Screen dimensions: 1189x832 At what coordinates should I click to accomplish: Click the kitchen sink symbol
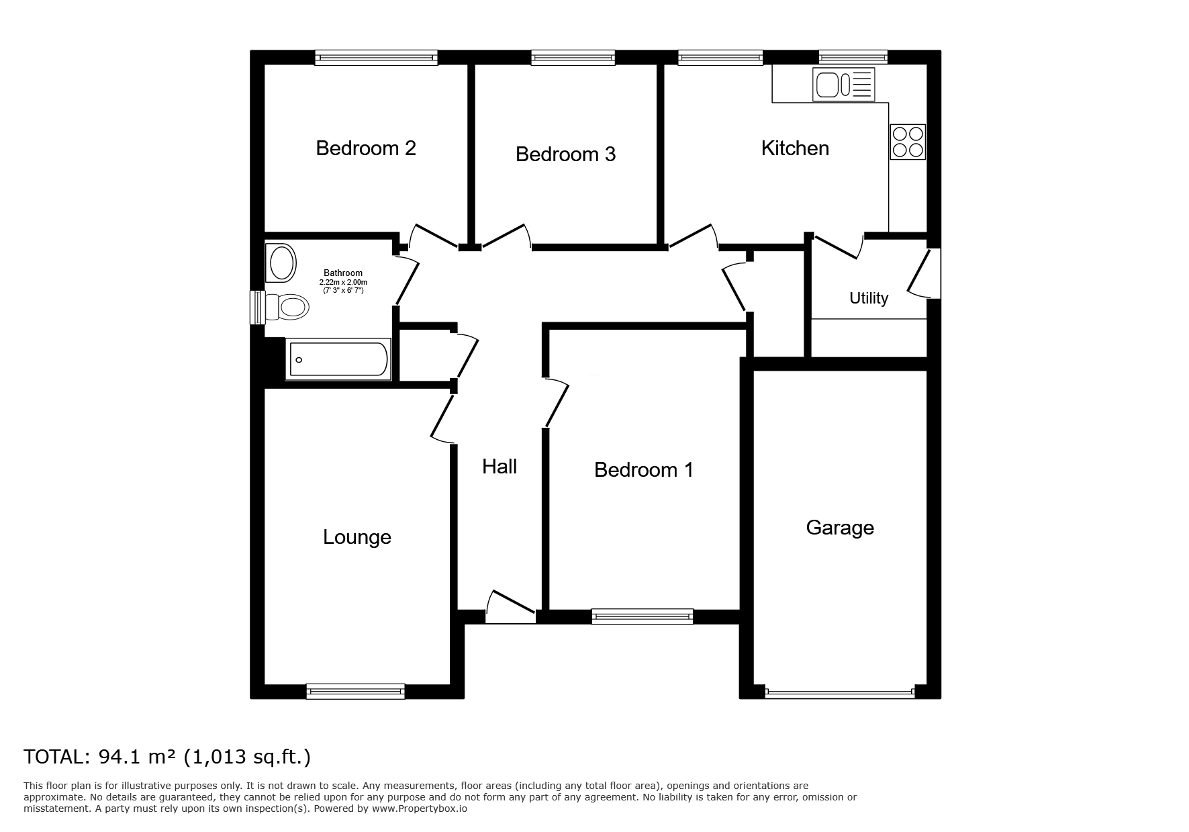pos(843,85)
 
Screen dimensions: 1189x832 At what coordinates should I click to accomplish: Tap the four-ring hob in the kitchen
pos(908,142)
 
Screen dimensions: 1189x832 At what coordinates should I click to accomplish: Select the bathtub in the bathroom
pos(338,359)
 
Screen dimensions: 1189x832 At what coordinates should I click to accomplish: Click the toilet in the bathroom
pos(287,307)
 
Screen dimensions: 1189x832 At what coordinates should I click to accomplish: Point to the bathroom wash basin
pos(281,263)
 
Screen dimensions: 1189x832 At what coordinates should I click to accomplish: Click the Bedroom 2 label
pos(366,148)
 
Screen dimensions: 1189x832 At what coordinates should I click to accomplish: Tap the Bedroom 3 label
pos(565,154)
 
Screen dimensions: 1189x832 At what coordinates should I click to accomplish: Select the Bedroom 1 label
pos(644,470)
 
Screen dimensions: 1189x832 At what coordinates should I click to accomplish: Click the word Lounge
pos(357,537)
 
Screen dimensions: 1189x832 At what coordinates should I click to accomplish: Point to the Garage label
pos(840,528)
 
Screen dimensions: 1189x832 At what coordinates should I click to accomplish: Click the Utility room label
pos(869,298)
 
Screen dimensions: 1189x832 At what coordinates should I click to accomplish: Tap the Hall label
pos(500,467)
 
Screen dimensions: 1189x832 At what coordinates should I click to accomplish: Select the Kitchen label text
pos(795,148)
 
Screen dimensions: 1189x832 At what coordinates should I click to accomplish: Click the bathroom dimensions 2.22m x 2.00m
pos(343,282)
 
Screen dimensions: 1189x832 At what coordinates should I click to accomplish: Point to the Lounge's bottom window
pos(356,691)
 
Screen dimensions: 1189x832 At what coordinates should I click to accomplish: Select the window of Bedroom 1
pos(643,616)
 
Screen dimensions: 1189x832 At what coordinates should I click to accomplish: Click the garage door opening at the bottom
pos(840,692)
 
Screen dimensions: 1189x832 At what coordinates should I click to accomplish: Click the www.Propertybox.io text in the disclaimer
pos(420,809)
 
